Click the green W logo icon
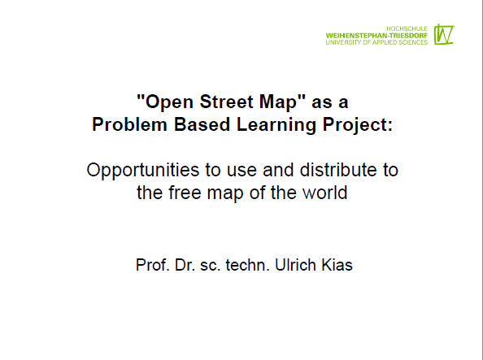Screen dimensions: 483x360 [444, 34]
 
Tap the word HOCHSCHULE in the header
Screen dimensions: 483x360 [407, 28]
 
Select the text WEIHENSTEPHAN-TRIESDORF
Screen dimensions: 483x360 [376, 36]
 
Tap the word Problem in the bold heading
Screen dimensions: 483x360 [129, 124]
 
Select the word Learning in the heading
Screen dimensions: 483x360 [276, 125]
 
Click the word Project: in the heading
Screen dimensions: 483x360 [358, 125]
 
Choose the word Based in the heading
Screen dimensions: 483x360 [202, 124]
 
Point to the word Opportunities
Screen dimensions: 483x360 [143, 171]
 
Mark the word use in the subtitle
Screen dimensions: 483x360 [241, 171]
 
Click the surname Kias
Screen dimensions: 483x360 [337, 265]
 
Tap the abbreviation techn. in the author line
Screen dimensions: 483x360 [248, 265]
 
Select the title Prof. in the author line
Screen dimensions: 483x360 [153, 265]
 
